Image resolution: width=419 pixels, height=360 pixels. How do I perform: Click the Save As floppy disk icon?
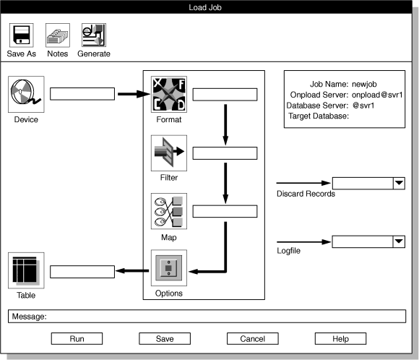click(x=21, y=35)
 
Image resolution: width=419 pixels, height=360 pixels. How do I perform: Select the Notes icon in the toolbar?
click(x=57, y=35)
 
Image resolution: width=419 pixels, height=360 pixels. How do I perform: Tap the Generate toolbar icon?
click(x=94, y=35)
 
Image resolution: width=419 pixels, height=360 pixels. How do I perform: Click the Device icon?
click(x=26, y=94)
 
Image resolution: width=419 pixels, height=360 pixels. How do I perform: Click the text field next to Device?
click(x=82, y=94)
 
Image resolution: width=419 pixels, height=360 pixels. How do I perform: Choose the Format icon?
click(x=169, y=94)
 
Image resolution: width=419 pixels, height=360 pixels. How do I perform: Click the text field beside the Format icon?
click(x=225, y=94)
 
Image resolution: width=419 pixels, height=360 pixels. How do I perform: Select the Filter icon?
click(x=169, y=153)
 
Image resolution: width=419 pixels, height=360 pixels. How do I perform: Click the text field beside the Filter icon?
click(x=225, y=153)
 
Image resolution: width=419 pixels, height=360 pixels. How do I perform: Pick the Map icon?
click(x=169, y=211)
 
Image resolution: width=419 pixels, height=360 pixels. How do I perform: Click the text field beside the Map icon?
click(x=225, y=211)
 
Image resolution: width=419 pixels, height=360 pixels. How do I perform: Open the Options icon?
click(x=169, y=269)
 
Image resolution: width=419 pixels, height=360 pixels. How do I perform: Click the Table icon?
click(x=26, y=270)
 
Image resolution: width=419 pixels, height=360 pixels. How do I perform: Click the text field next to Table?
click(x=82, y=271)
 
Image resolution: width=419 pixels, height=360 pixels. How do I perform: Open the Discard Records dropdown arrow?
click(x=398, y=184)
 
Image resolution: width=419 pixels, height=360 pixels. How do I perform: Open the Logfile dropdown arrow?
click(x=398, y=242)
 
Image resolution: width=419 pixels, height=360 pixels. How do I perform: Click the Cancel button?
click(x=252, y=338)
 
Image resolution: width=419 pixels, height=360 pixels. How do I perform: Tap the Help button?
click(x=340, y=338)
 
